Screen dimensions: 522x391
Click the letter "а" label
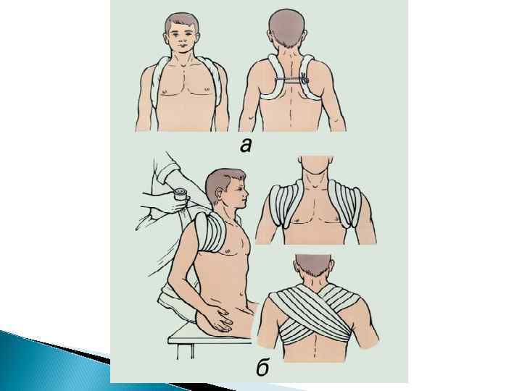(x=245, y=146)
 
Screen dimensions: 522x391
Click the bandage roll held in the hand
(x=181, y=195)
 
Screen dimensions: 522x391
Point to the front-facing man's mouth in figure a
(x=181, y=45)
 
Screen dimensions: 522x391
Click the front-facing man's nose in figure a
(x=181, y=38)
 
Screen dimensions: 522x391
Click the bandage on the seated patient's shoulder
(x=209, y=232)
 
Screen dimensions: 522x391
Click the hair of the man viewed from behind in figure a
(x=287, y=28)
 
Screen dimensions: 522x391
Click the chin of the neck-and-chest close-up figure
(x=315, y=168)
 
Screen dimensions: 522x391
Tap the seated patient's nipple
(x=228, y=251)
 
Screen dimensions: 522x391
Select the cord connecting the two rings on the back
(x=289, y=80)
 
